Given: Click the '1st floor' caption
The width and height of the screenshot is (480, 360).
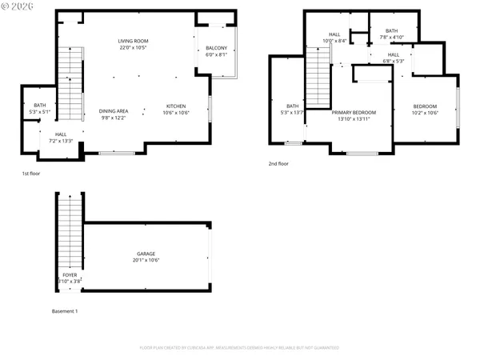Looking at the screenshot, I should tap(32, 173).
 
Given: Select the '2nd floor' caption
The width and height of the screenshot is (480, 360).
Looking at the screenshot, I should tap(278, 163).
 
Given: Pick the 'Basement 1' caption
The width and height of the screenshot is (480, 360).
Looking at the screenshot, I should tap(65, 310).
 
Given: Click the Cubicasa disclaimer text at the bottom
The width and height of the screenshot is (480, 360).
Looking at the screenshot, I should tap(239, 348).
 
